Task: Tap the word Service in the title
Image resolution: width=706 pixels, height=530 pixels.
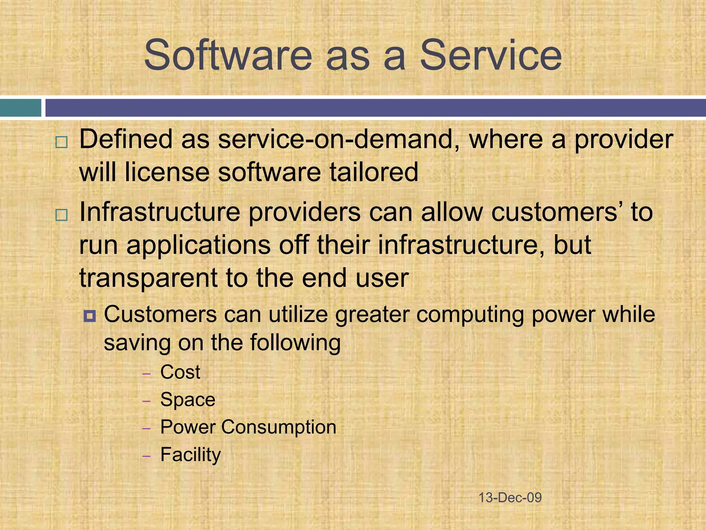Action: tap(491, 55)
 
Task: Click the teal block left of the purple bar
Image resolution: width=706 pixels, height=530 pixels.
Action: tap(21, 108)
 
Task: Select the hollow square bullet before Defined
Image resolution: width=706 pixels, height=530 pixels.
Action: tap(61, 143)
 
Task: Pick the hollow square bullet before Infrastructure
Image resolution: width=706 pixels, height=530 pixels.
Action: tap(61, 215)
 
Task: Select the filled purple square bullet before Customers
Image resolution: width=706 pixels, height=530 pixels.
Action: tap(90, 316)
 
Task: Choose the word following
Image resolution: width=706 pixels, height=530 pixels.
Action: tap(295, 343)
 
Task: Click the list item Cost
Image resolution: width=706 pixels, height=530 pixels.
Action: tap(180, 372)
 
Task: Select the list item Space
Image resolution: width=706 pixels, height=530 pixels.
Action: tap(188, 400)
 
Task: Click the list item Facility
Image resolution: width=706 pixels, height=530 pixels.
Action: tap(190, 455)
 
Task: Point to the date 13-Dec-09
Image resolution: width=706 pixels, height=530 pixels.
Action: tap(510, 498)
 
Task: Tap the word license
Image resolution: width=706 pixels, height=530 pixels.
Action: tap(167, 172)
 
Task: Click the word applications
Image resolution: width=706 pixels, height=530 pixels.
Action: tap(199, 245)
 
